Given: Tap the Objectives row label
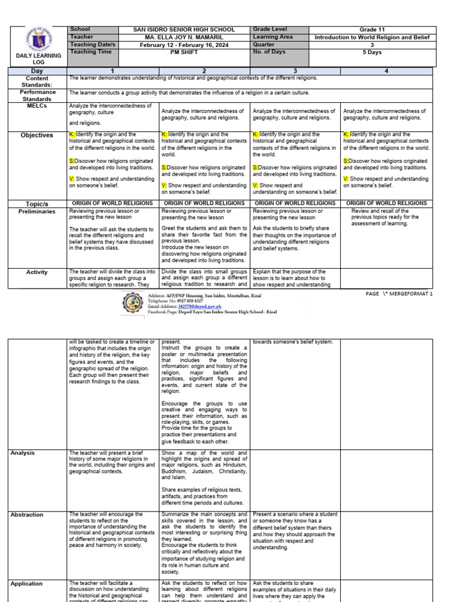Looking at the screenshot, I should [38, 135].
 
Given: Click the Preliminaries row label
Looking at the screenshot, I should [38, 211].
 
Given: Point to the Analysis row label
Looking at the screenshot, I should [22, 453].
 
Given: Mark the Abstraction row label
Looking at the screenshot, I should [26, 515].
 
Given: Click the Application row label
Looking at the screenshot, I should [26, 584].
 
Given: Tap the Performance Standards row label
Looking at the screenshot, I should [38, 95].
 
